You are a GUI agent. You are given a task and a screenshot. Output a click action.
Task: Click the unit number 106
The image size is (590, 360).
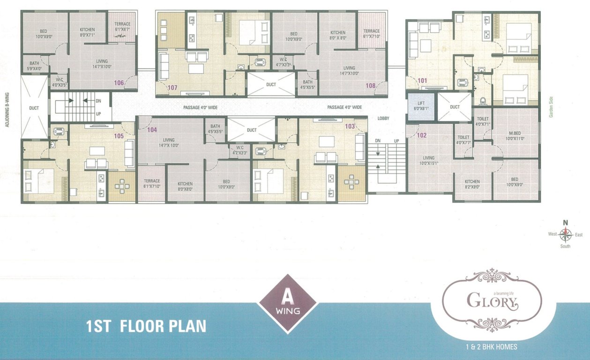[119, 83]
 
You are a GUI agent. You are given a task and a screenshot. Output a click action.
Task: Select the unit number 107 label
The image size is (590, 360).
[172, 87]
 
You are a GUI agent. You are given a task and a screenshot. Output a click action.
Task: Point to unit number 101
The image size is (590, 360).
[422, 81]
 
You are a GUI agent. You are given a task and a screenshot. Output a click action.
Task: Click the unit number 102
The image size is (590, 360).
[422, 135]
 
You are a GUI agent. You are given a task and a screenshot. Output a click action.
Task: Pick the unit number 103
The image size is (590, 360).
[350, 127]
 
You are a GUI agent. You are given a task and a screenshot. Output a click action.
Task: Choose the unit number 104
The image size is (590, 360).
[152, 130]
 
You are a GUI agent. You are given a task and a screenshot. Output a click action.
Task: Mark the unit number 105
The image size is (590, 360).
[119, 136]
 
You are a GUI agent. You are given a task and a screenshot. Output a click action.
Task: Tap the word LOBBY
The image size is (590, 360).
[384, 119]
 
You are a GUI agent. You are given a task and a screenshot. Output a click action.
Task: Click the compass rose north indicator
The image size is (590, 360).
[566, 223]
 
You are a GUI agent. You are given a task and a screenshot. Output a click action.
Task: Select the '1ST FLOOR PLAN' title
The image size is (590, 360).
[146, 326]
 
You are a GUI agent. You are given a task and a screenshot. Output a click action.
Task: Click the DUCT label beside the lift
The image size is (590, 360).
[455, 107]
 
